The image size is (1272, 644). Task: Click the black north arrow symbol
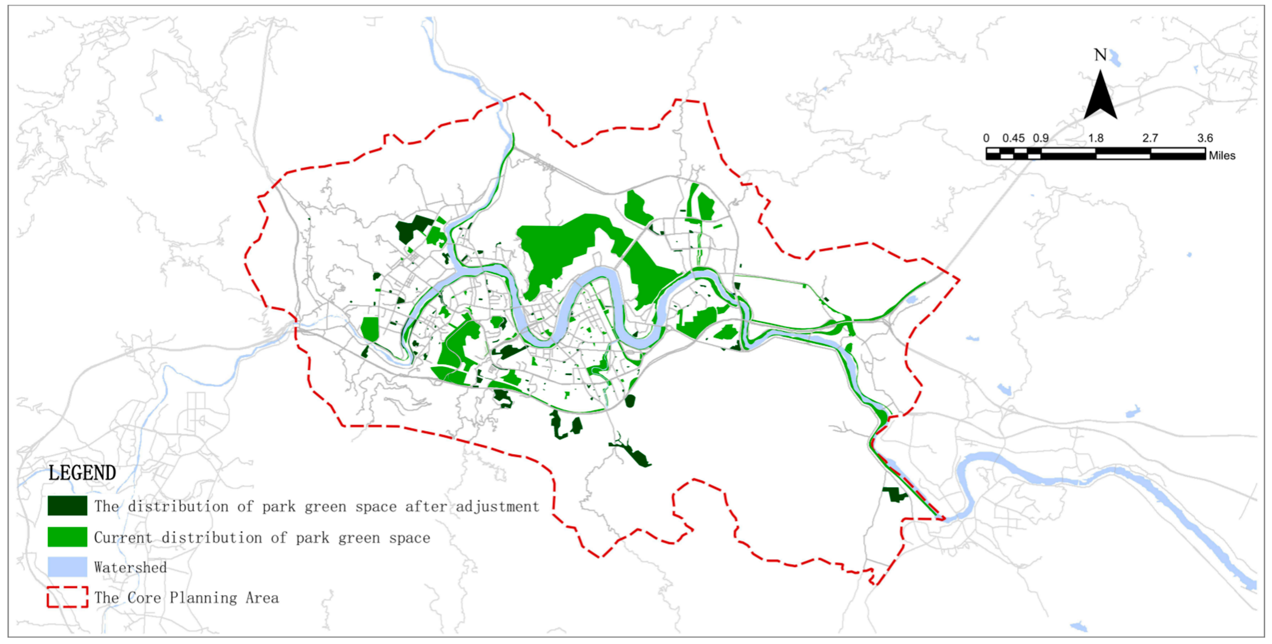pyautogui.click(x=1100, y=96)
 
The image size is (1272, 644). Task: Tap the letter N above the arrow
pyautogui.click(x=1100, y=55)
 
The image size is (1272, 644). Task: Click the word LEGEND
pyautogui.click(x=82, y=473)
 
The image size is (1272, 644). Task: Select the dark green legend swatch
pyautogui.click(x=67, y=505)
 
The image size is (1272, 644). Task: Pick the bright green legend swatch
pyautogui.click(x=67, y=537)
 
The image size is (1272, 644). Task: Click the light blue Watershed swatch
pyautogui.click(x=67, y=567)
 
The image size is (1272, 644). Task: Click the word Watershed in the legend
pyautogui.click(x=130, y=567)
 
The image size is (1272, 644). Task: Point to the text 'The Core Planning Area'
pyautogui.click(x=186, y=598)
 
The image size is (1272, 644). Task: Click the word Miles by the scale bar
pyautogui.click(x=1222, y=156)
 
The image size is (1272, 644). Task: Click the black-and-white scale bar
pyautogui.click(x=1095, y=153)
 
